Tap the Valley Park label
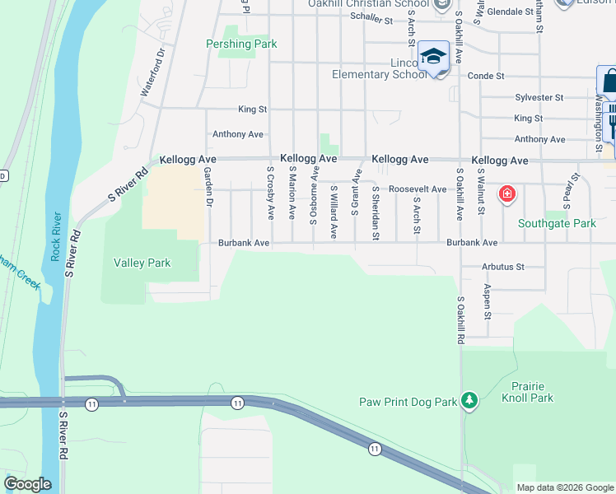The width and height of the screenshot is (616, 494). pyautogui.click(x=142, y=263)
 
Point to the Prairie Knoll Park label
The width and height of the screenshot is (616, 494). pyautogui.click(x=527, y=392)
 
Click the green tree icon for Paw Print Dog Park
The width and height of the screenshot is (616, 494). pyautogui.click(x=469, y=401)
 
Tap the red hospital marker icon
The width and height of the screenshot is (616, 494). pyautogui.click(x=507, y=195)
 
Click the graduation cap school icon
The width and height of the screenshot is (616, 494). pyautogui.click(x=433, y=57)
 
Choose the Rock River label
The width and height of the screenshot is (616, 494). pyautogui.click(x=56, y=236)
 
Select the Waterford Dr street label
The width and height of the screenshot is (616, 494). pyautogui.click(x=153, y=72)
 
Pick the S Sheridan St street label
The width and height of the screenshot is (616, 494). pyautogui.click(x=376, y=212)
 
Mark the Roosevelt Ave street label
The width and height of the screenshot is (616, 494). pyautogui.click(x=418, y=189)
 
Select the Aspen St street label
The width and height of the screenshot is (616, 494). pyautogui.click(x=488, y=303)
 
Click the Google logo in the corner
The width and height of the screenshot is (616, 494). pyautogui.click(x=27, y=484)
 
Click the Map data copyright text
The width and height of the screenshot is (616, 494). pyautogui.click(x=564, y=487)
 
